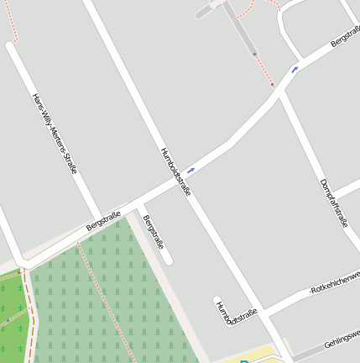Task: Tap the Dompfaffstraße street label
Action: click(x=334, y=203)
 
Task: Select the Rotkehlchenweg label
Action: click(x=336, y=281)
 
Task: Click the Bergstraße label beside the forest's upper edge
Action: click(x=104, y=221)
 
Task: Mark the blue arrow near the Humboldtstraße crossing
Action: click(x=191, y=170)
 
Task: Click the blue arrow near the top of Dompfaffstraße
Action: click(x=295, y=69)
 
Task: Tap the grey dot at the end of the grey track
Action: click(x=254, y=55)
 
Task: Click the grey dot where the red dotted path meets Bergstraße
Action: click(x=273, y=85)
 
